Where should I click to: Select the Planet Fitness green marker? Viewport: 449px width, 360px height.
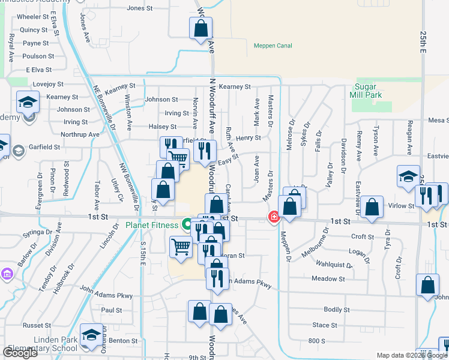tap(187, 225)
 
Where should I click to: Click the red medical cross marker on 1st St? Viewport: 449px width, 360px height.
tap(274, 217)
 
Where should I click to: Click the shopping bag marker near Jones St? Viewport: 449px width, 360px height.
tap(200, 28)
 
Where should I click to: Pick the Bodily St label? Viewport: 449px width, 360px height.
tap(336, 310)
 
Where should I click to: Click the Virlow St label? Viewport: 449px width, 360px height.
tap(402, 206)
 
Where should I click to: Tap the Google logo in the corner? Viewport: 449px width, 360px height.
tap(20, 353)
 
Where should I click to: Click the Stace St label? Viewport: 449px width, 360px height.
tap(325, 325)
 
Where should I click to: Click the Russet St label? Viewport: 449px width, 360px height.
tap(34, 325)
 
